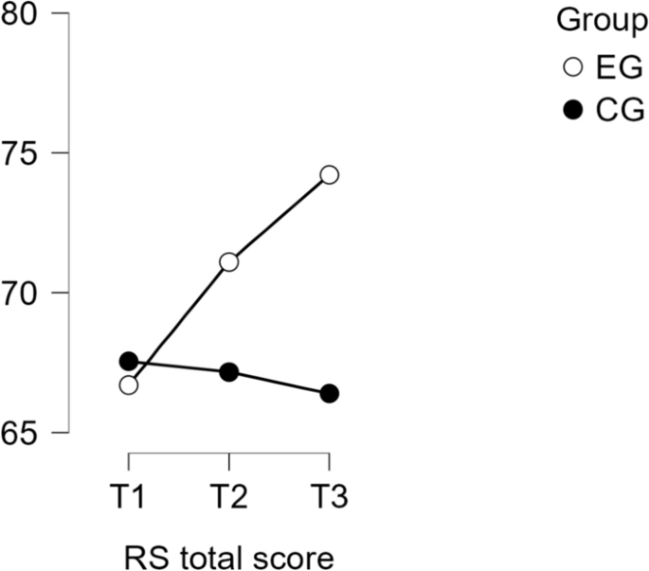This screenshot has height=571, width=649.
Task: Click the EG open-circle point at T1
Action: pyautogui.click(x=129, y=385)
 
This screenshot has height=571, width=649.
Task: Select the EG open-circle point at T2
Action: pyautogui.click(x=228, y=261)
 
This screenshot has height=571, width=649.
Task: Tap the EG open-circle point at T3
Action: pyautogui.click(x=329, y=174)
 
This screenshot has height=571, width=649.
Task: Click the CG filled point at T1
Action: pyautogui.click(x=129, y=361)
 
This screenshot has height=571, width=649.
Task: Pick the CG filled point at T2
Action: pyautogui.click(x=228, y=372)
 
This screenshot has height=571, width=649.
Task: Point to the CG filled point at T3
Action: pyautogui.click(x=329, y=393)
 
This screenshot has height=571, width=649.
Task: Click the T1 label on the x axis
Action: pyautogui.click(x=129, y=495)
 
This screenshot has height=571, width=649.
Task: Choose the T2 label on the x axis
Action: pyautogui.click(x=228, y=495)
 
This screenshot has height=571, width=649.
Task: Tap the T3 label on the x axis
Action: pyautogui.click(x=329, y=495)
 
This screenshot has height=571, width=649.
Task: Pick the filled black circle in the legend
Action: pyautogui.click(x=571, y=111)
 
